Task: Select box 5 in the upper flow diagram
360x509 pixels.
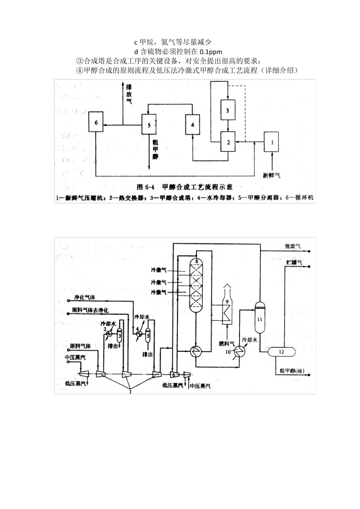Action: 149,124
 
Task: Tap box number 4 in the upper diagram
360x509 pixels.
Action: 193,124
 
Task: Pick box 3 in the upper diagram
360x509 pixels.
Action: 227,110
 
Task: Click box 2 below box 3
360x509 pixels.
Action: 228,142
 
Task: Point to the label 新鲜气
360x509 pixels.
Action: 272,175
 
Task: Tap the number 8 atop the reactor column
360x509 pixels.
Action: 196,261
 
